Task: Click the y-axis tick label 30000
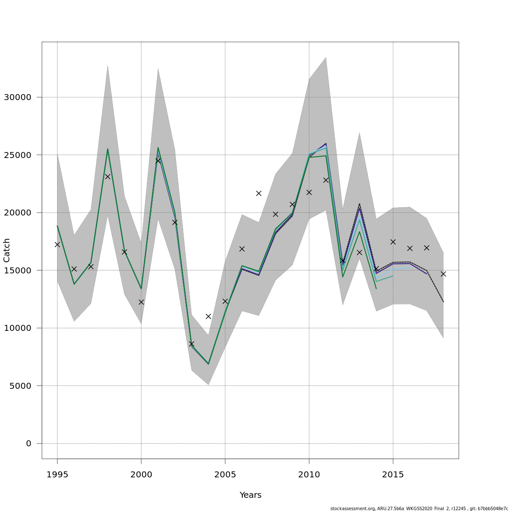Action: coord(17,97)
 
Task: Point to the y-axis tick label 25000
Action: coord(17,155)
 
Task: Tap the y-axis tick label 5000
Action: coord(20,386)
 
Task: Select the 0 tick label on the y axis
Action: coord(29,444)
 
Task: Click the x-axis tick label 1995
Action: coord(57,474)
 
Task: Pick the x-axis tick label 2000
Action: coord(141,474)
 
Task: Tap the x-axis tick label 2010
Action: coord(309,474)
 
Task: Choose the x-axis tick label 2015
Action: coord(393,474)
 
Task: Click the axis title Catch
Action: coord(7,250)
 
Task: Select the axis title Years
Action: coord(250,495)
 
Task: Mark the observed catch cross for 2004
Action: coord(208,316)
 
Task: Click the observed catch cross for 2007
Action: coord(258,193)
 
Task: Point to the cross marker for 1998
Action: coord(108,177)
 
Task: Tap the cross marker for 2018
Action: coord(443,274)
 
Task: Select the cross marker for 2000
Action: coord(141,302)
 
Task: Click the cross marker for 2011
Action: coord(326,180)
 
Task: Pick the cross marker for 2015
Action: coord(393,242)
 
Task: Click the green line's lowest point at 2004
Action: coord(208,364)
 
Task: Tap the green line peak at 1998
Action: coord(108,149)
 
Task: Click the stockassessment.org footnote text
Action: coord(419,508)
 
